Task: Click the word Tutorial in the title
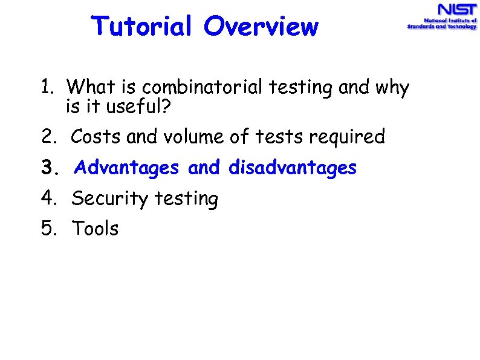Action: (x=143, y=27)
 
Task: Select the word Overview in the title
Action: (x=261, y=27)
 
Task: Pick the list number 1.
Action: (x=47, y=88)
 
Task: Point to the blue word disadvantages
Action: (x=293, y=168)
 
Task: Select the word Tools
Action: (x=96, y=229)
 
